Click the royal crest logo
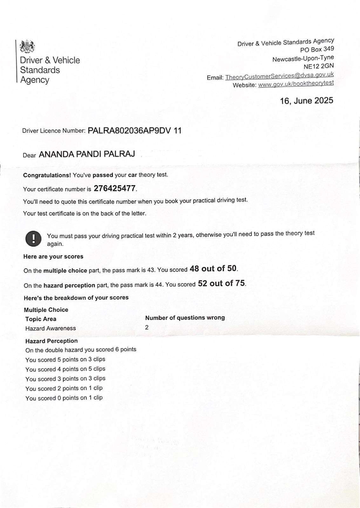point(27,47)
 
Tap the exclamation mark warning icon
point(33,238)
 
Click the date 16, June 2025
point(306,101)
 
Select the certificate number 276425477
point(115,189)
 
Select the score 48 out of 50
point(213,269)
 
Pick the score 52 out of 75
point(221,283)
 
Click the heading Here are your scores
point(53,257)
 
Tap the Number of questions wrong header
point(185,317)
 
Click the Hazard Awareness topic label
point(51,328)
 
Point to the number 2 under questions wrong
point(147,327)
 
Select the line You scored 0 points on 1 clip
point(64,398)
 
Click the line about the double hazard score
point(81,350)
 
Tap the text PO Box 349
point(317,49)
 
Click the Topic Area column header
point(41,319)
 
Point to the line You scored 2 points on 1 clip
point(64,388)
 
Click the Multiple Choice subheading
point(46,310)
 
